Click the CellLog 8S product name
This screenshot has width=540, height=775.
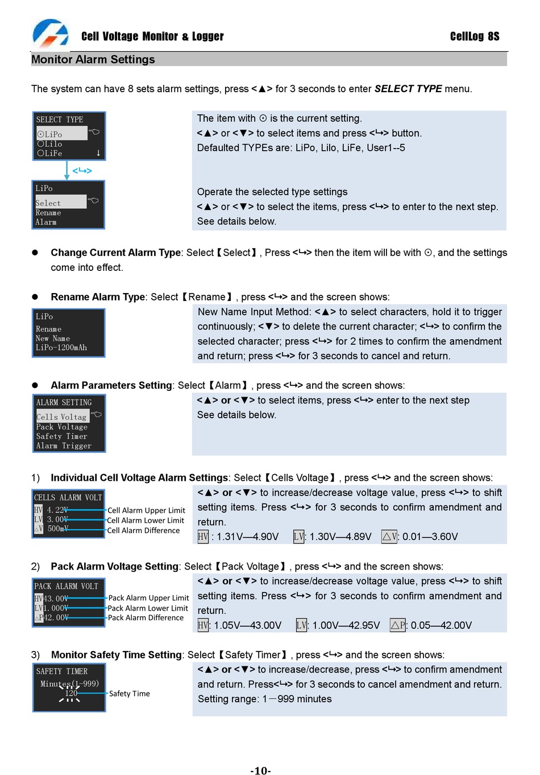[x=474, y=36]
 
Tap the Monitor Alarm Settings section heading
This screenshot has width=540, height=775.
[x=93, y=60]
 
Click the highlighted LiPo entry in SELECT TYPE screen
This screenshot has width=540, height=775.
[x=51, y=134]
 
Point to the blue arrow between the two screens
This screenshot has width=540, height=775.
[x=68, y=170]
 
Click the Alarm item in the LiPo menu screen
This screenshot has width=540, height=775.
[x=46, y=222]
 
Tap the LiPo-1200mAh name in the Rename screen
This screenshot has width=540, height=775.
[x=61, y=348]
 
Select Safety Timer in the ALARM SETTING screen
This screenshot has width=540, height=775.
[x=61, y=436]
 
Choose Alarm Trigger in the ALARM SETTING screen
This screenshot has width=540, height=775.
[x=64, y=446]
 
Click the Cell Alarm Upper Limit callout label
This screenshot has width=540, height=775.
[x=146, y=510]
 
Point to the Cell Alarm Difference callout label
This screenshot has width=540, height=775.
[x=143, y=530]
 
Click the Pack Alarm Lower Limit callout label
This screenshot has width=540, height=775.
[x=148, y=608]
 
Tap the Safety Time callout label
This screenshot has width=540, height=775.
[x=130, y=694]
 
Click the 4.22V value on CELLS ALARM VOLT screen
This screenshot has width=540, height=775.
[x=57, y=510]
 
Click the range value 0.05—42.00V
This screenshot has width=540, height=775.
[x=441, y=625]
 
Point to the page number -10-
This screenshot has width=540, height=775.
[x=261, y=770]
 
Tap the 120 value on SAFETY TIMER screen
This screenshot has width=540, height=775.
[x=71, y=693]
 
